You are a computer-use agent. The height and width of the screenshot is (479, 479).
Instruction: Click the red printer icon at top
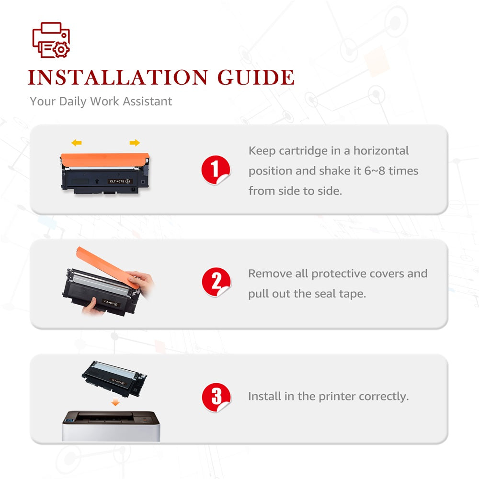point(51,40)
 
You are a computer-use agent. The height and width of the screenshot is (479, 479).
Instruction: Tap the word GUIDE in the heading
point(256,77)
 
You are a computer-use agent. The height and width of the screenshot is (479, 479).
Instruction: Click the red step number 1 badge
point(216,170)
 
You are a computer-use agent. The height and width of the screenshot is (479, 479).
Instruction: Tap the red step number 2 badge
point(217,282)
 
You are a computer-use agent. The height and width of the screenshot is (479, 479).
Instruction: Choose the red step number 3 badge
point(217,397)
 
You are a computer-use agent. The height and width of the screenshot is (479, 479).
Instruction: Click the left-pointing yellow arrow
point(76,143)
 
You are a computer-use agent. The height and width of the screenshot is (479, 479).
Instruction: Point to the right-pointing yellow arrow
point(135,143)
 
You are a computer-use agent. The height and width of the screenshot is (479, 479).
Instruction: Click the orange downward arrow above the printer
point(115,402)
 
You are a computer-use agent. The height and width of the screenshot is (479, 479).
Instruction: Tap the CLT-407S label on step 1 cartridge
point(119,181)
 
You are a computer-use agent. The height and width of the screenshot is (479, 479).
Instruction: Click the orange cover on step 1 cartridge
point(105,160)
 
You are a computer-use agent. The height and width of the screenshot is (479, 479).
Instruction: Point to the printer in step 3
point(111,426)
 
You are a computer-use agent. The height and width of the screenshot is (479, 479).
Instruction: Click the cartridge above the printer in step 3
point(114,379)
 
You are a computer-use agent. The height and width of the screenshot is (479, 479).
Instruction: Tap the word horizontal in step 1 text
point(381,150)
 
